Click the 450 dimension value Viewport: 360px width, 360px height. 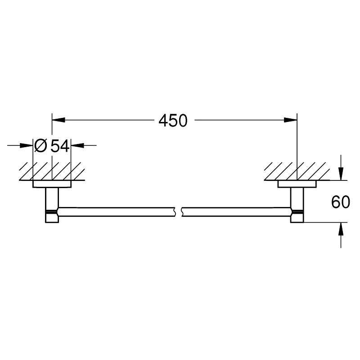pyautogui.click(x=173, y=121)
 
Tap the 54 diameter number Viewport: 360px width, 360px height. pyautogui.click(x=60, y=146)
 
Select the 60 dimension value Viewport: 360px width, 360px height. pyautogui.click(x=341, y=202)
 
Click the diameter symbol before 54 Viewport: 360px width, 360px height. pyautogui.click(x=40, y=146)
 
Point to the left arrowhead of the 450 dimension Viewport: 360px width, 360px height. pyautogui.click(x=58, y=120)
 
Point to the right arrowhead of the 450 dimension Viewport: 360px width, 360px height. pyautogui.click(x=290, y=120)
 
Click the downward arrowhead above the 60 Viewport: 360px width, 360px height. pyautogui.click(x=341, y=174)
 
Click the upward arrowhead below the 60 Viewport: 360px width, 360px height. pyautogui.click(x=341, y=229)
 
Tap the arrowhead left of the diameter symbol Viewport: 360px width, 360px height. pyautogui.click(x=27, y=145)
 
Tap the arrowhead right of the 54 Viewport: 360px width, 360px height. pyautogui.click(x=77, y=145)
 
